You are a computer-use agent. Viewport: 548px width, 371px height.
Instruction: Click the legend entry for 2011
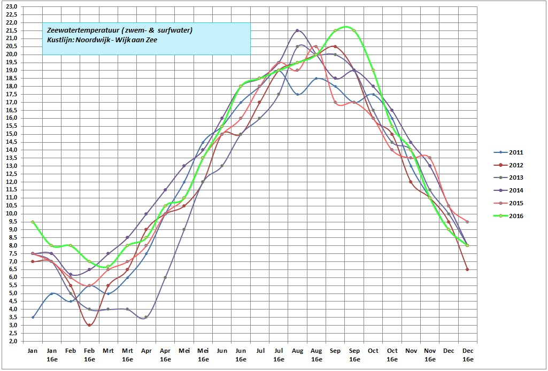pos(516,152)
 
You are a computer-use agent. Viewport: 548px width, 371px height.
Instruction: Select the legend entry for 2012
pos(516,165)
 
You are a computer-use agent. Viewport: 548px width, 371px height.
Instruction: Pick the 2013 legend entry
pos(516,178)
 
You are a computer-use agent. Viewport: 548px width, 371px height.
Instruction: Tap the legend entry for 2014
pos(516,190)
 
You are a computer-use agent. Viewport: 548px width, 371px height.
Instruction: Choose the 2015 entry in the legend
pos(516,203)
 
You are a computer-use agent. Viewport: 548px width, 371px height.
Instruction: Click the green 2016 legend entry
pos(516,216)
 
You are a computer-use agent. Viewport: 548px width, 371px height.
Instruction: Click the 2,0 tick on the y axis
pos(12,341)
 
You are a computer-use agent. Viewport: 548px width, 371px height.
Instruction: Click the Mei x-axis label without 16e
pos(184,351)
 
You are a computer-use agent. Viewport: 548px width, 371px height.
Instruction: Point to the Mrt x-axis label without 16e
pos(108,351)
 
